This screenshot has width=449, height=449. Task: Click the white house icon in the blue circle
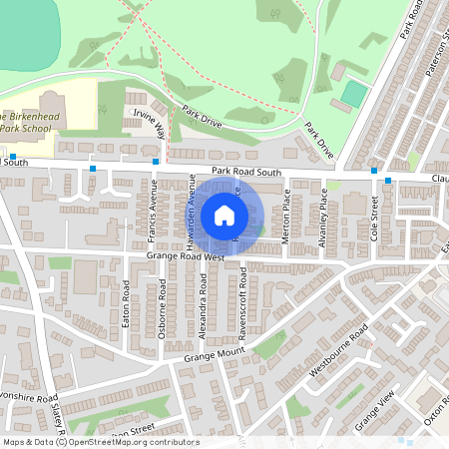[x=224, y=215]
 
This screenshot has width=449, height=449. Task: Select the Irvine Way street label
[x=149, y=127]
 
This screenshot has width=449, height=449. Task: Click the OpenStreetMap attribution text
[x=100, y=442]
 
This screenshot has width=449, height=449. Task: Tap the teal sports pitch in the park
[x=353, y=95]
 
